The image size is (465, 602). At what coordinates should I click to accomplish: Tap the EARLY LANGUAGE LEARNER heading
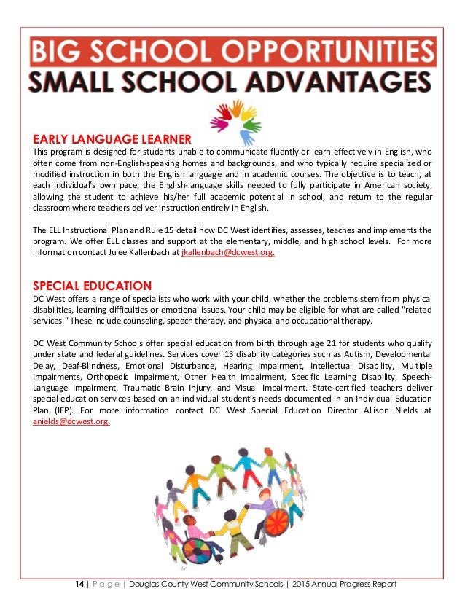point(112,138)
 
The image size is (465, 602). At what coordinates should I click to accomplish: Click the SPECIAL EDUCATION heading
point(93,286)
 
